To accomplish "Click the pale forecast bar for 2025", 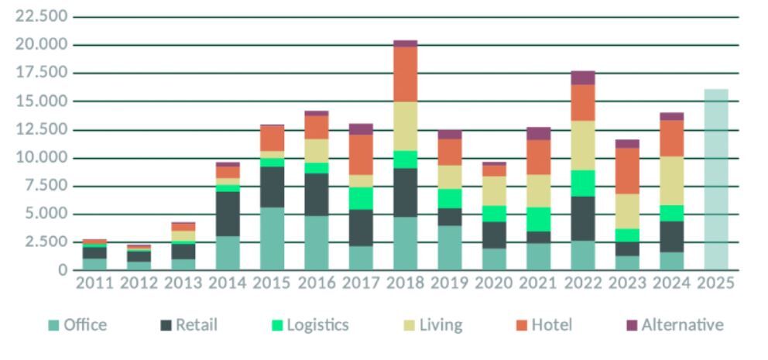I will click(x=715, y=180).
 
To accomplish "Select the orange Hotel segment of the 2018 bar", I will click(x=405, y=74).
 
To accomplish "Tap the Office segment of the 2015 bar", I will click(x=272, y=238).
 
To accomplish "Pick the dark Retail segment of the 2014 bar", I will click(x=228, y=214).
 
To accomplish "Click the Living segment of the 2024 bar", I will click(x=671, y=180).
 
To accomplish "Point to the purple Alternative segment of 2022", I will click(x=582, y=77).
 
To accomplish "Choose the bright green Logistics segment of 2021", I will click(x=538, y=219).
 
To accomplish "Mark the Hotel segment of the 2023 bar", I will click(x=627, y=170).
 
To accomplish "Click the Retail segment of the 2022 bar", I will click(x=582, y=218).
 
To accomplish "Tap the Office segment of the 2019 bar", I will click(x=449, y=248).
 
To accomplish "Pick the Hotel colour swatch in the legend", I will click(x=521, y=325).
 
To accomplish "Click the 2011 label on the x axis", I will click(x=94, y=283).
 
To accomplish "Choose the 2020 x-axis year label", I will click(x=493, y=283).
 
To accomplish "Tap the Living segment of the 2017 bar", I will click(x=360, y=181).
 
